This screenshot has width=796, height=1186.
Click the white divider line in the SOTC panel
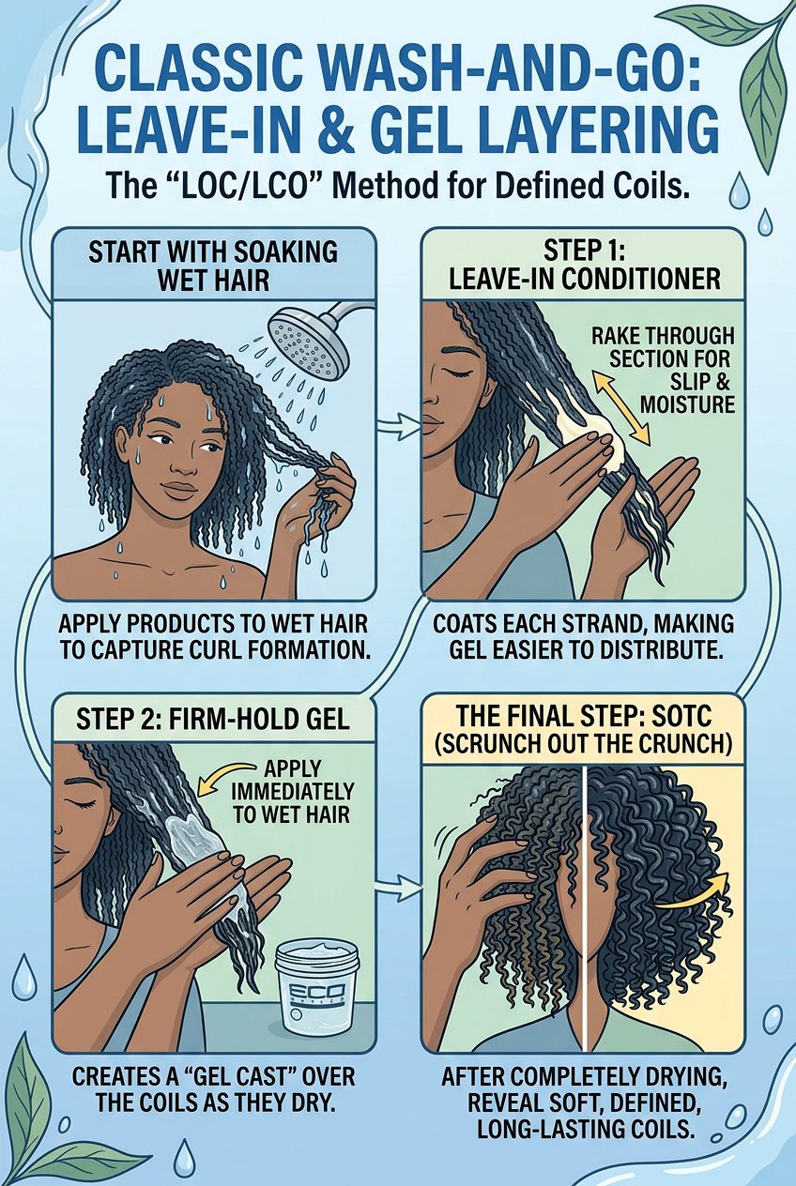(x=584, y=901)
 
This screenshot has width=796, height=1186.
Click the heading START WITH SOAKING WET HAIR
(x=215, y=266)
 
